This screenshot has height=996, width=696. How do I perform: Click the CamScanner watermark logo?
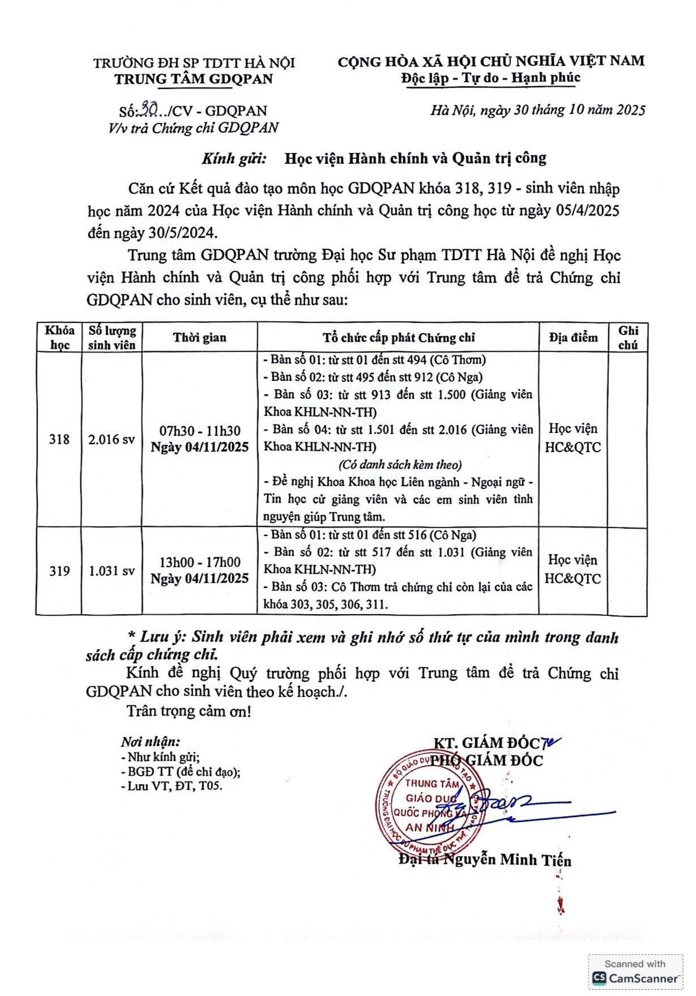599,978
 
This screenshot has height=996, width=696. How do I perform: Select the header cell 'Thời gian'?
199,338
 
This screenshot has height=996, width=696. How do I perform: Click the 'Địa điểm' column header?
573,338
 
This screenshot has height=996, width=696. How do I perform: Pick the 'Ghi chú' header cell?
628,338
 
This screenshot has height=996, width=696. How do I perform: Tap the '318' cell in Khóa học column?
59,439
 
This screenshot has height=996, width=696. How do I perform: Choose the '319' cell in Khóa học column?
59,571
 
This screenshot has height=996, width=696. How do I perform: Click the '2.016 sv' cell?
112,439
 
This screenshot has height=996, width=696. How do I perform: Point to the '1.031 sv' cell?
112,571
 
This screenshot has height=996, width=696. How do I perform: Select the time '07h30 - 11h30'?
199,431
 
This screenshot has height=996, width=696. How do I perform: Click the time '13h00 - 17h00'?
199,562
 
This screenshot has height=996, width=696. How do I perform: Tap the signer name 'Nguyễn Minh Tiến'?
507,860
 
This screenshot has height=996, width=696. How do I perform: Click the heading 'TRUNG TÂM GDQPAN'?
194,79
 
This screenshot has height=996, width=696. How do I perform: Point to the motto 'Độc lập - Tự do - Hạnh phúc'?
491,78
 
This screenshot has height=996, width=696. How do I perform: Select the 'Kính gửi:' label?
234,158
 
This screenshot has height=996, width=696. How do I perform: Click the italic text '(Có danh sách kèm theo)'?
400,465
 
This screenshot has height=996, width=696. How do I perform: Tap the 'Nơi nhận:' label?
150,742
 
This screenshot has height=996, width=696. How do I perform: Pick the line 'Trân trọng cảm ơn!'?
189,711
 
